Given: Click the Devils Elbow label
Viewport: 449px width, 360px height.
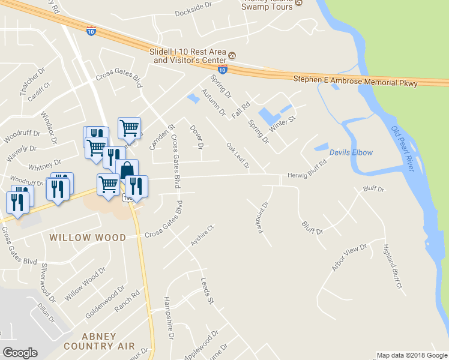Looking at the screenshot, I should [351, 152].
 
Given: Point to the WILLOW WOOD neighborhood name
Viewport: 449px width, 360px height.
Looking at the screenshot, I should [88, 238].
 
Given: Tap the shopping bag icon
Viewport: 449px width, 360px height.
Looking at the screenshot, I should [127, 170].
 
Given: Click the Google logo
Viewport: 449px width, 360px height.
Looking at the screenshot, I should [20, 353].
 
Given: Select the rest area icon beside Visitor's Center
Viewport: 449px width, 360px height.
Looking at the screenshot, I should [232, 56].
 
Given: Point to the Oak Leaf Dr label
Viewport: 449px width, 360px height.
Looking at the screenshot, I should [237, 155].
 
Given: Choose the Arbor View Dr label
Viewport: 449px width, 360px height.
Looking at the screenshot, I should [349, 258].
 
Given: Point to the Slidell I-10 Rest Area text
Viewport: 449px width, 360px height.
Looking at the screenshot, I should [187, 52].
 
